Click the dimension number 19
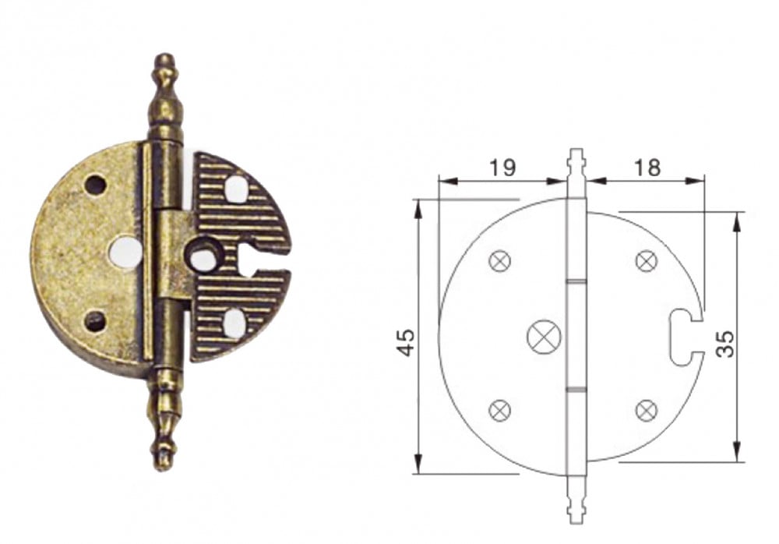point(502,168)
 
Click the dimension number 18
point(647,168)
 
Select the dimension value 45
point(406,342)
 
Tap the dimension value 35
point(726,343)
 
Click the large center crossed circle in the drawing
point(544,337)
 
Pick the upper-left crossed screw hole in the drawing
point(500,261)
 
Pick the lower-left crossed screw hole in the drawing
point(500,410)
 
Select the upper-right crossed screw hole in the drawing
point(647,261)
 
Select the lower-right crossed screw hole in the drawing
point(647,410)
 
